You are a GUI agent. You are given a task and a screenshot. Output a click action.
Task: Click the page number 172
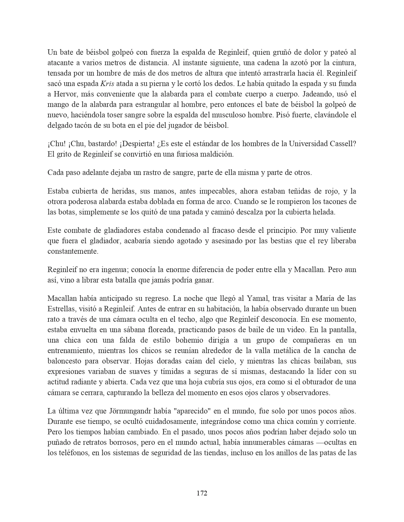pyautogui.click(x=202, y=493)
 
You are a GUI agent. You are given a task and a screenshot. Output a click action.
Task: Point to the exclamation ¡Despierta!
pyautogui.click(x=137, y=144)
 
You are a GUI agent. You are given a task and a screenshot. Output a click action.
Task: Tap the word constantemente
pyautogui.click(x=73, y=251)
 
